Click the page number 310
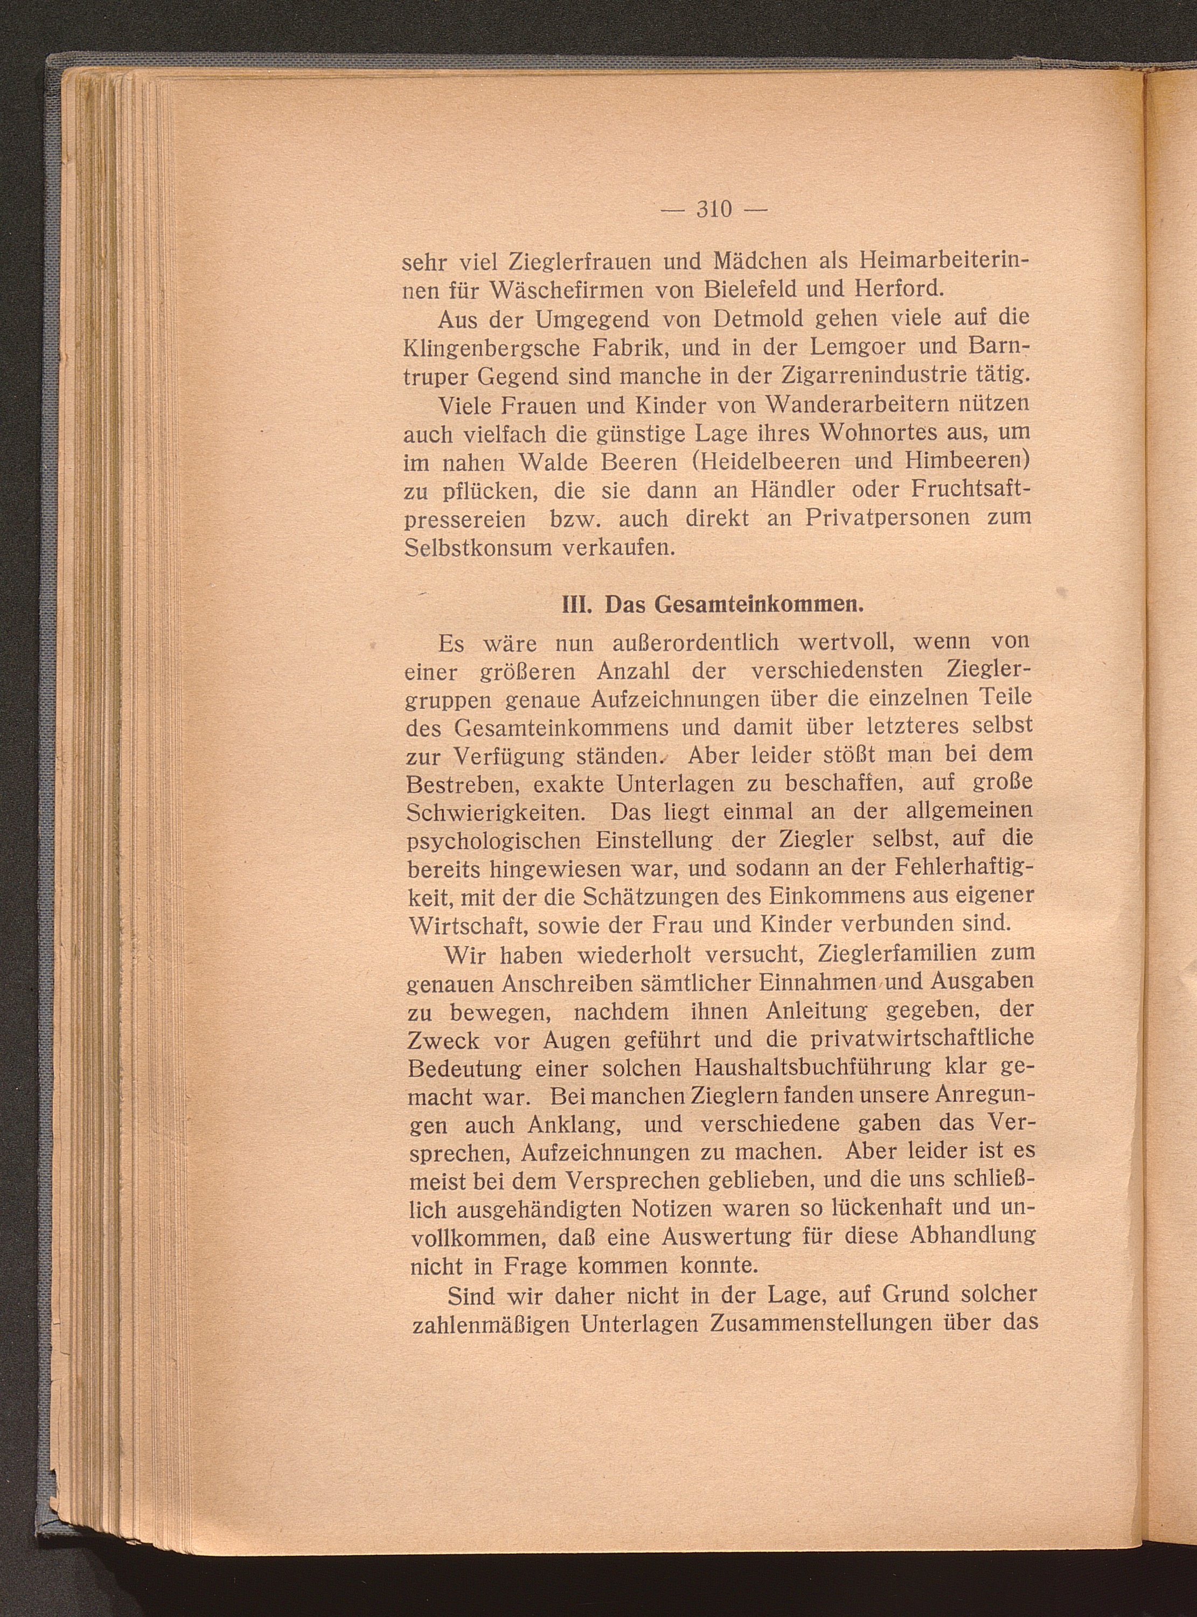714,210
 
